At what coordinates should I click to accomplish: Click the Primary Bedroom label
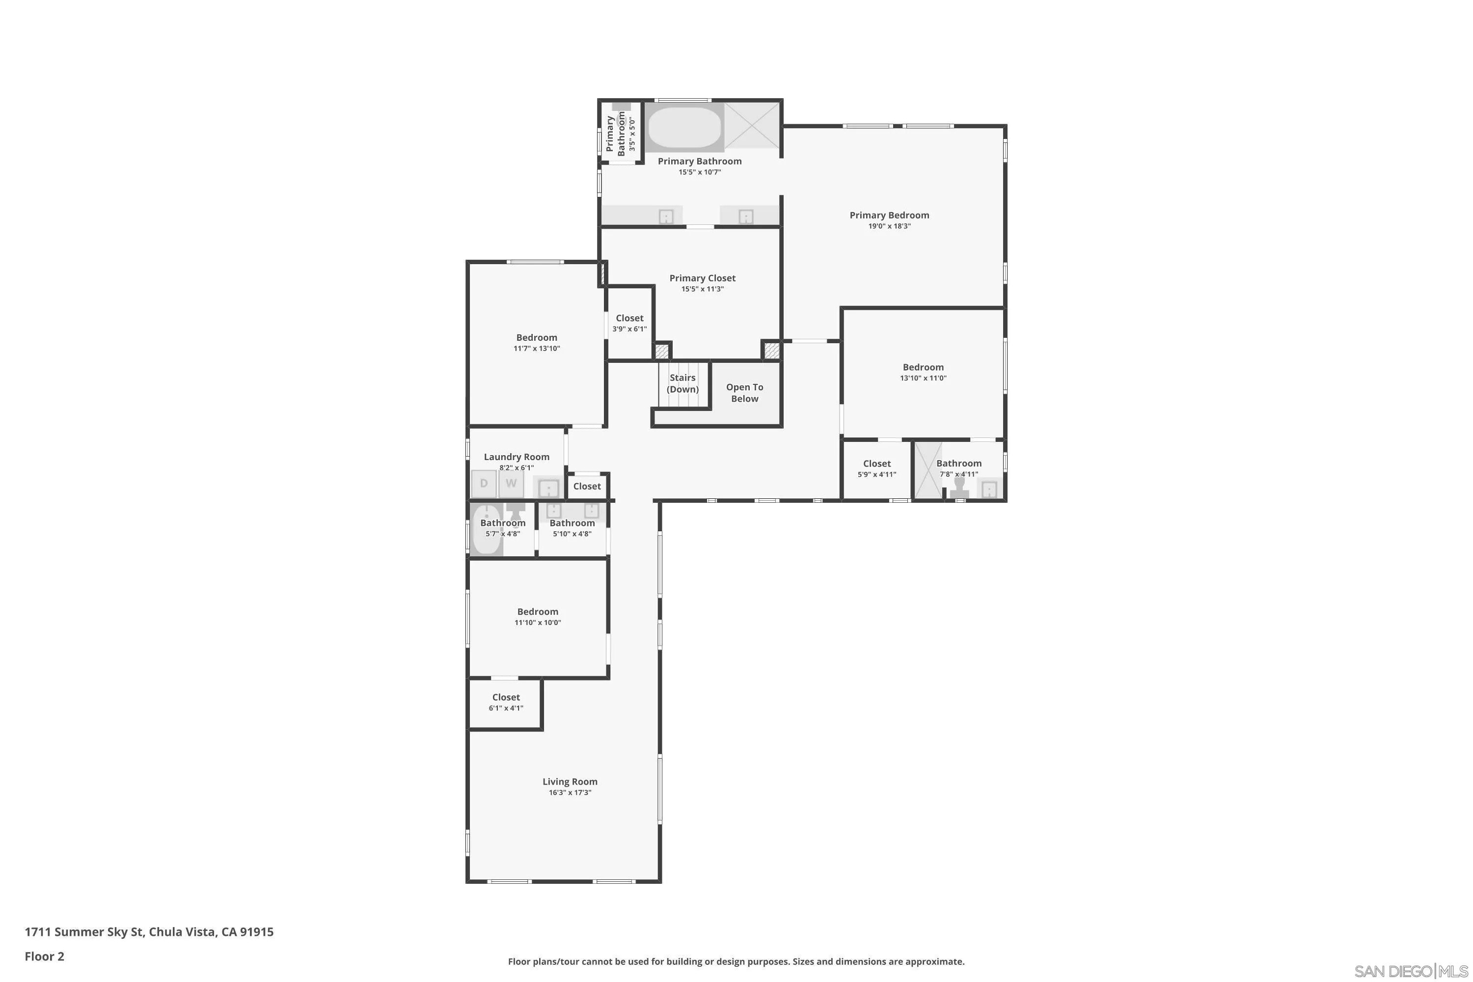[889, 216]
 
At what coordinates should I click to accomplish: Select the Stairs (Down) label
[682, 383]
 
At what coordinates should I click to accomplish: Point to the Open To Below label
[745, 393]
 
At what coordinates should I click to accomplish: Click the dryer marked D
[484, 483]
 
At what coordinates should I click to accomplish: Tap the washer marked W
[511, 483]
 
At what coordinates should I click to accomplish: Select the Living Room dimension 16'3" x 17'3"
[570, 792]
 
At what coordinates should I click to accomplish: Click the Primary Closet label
[702, 278]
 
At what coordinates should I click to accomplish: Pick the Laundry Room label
[517, 457]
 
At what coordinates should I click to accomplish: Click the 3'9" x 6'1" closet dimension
[629, 329]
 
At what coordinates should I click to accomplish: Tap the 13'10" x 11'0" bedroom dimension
[923, 378]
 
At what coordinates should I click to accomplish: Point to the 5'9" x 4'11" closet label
[877, 464]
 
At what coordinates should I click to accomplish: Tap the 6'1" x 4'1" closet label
[506, 698]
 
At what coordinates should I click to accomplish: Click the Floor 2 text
[45, 956]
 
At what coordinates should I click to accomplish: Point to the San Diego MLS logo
[1412, 971]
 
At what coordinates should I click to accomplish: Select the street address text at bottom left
[149, 932]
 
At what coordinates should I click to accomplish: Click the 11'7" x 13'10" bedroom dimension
[537, 348]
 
